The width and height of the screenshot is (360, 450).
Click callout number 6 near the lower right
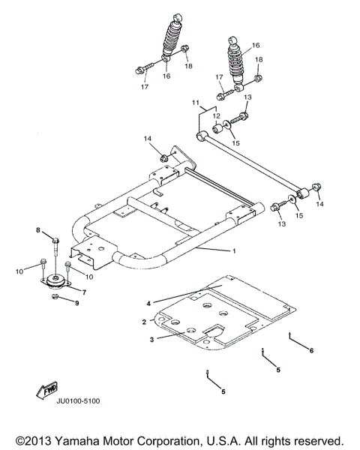[311, 350]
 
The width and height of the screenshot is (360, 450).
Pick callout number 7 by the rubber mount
[83, 292]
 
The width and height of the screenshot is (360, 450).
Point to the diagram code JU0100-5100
[77, 401]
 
